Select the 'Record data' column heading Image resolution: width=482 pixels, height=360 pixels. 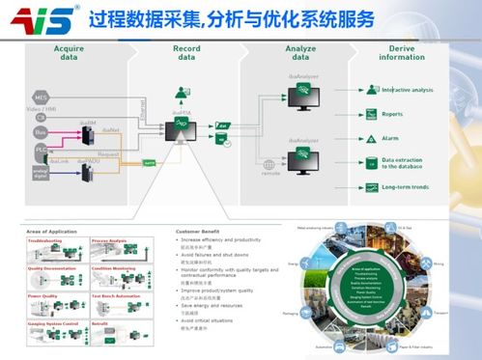(186, 53)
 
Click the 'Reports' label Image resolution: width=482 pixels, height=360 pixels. (393, 114)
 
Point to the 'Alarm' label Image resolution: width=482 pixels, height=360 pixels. (390, 138)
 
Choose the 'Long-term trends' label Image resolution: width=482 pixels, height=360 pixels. (405, 186)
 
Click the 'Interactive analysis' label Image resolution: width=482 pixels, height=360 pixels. (407, 90)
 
